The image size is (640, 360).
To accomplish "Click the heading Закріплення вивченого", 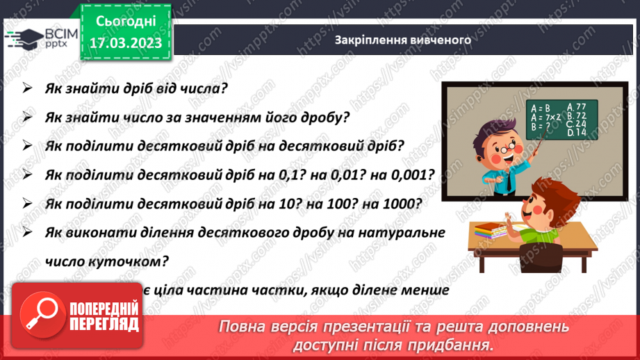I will (x=403, y=40).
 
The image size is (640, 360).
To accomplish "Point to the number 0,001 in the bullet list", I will (x=413, y=175).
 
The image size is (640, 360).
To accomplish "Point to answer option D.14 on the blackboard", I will (x=577, y=132).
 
